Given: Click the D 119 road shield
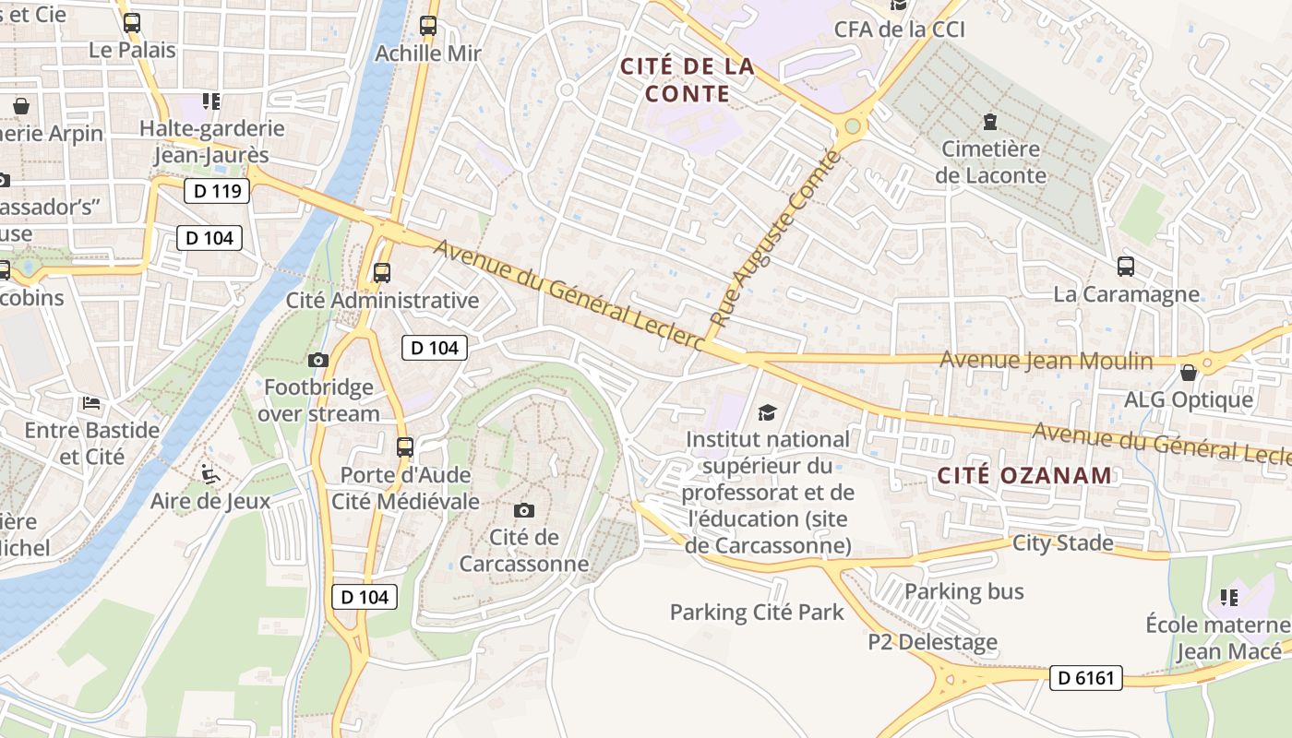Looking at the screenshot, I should click(218, 191).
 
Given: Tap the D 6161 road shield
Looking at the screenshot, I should click(1085, 678).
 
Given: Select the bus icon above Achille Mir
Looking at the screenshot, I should click(428, 26).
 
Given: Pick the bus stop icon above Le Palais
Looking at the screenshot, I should click(132, 23).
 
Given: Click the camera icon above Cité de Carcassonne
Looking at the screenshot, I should click(524, 510).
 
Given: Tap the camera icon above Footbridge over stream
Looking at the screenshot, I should click(318, 361).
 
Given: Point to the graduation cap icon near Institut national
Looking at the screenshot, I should click(768, 412).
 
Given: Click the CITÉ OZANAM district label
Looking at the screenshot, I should click(1024, 476).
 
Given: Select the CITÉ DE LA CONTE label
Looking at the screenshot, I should click(688, 80).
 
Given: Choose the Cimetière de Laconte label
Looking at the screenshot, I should click(991, 162).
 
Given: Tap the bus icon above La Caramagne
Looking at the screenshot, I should click(1126, 268).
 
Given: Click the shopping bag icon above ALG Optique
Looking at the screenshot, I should click(1189, 373).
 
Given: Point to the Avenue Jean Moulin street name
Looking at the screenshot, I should click(1047, 361).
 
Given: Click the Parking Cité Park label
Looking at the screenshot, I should click(757, 612).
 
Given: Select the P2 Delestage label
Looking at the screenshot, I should click(933, 642).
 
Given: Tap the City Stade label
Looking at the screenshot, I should click(1063, 542).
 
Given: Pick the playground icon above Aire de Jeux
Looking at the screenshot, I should click(210, 474).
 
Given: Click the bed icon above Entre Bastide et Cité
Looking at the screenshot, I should click(91, 403).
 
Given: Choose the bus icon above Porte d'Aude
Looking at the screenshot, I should click(405, 447).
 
